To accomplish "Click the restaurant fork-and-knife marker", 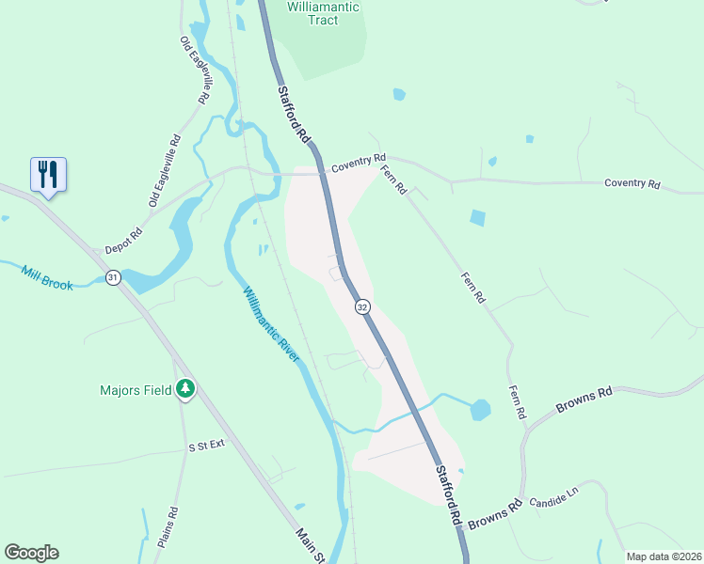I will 49,174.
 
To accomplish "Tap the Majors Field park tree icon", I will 185,388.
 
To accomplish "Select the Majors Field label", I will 137,389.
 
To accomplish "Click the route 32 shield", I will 362,306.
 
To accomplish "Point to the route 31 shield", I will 113,277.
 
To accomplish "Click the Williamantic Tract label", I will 323,13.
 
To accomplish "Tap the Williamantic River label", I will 271,324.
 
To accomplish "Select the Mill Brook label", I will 46,277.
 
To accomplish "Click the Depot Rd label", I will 123,241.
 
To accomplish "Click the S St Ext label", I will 207,446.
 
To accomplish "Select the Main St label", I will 309,545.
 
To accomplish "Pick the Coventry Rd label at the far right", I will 632,183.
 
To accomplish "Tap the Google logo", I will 31,553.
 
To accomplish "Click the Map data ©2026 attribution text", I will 664,556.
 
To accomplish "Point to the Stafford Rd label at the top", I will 294,115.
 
